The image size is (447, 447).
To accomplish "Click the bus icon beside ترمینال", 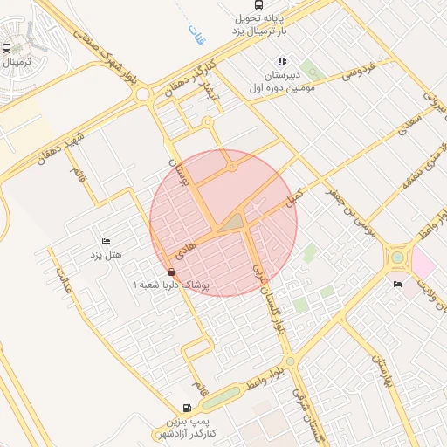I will pyautogui.click(x=7, y=49).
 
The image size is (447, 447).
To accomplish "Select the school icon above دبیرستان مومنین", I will pyautogui.click(x=282, y=61).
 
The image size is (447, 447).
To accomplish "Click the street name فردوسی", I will pyautogui.click(x=358, y=70).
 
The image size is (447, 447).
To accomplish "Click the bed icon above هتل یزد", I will pyautogui.click(x=107, y=240).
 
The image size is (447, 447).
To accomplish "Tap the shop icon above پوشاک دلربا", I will pyautogui.click(x=170, y=272).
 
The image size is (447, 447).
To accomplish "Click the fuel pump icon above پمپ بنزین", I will pyautogui.click(x=187, y=408).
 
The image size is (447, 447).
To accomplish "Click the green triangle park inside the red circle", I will pyautogui.click(x=232, y=223).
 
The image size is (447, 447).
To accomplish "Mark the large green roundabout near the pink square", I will pyautogui.click(x=398, y=257).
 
